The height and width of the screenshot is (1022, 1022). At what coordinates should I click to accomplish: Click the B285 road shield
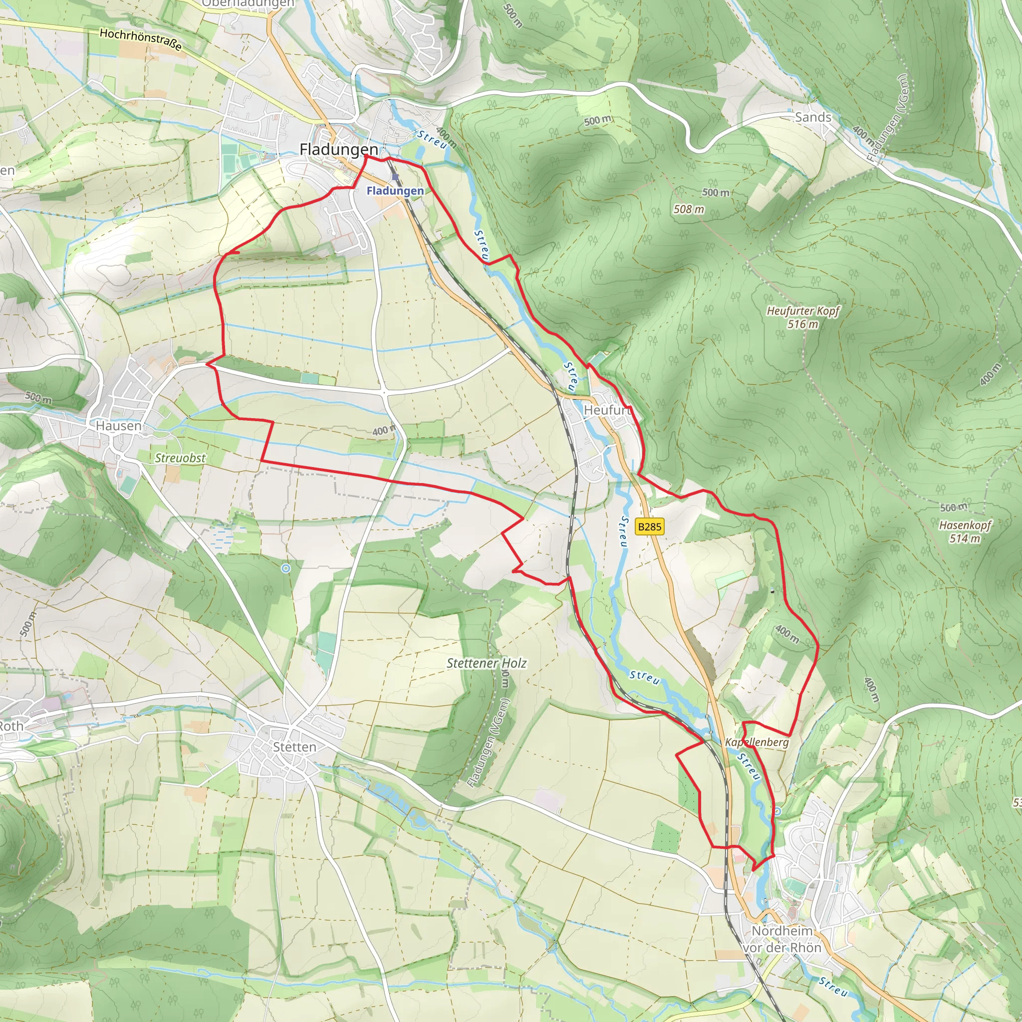649,526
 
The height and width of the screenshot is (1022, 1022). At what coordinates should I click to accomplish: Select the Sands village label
813,117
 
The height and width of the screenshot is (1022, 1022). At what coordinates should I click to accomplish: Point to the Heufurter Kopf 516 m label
802,317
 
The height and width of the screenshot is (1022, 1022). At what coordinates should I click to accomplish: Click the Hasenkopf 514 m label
965,531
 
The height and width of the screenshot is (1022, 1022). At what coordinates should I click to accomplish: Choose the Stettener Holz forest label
486,663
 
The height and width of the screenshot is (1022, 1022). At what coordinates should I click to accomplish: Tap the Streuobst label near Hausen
180,458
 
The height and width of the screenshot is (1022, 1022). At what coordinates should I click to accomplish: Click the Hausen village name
118,426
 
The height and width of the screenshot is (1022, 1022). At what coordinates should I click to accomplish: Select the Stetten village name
294,747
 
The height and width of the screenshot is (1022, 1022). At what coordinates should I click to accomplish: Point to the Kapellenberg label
757,742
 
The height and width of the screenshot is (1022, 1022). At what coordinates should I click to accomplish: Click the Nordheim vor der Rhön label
782,939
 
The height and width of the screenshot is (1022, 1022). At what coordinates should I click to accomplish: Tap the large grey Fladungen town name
338,150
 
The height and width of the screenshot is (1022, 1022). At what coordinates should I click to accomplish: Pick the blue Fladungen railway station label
395,191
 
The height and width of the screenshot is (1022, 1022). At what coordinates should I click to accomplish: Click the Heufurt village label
607,410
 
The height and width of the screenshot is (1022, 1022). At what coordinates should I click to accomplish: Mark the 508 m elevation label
689,210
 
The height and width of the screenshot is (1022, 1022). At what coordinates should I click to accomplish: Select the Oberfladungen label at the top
248,3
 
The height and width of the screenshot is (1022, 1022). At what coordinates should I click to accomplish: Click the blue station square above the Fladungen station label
395,177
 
